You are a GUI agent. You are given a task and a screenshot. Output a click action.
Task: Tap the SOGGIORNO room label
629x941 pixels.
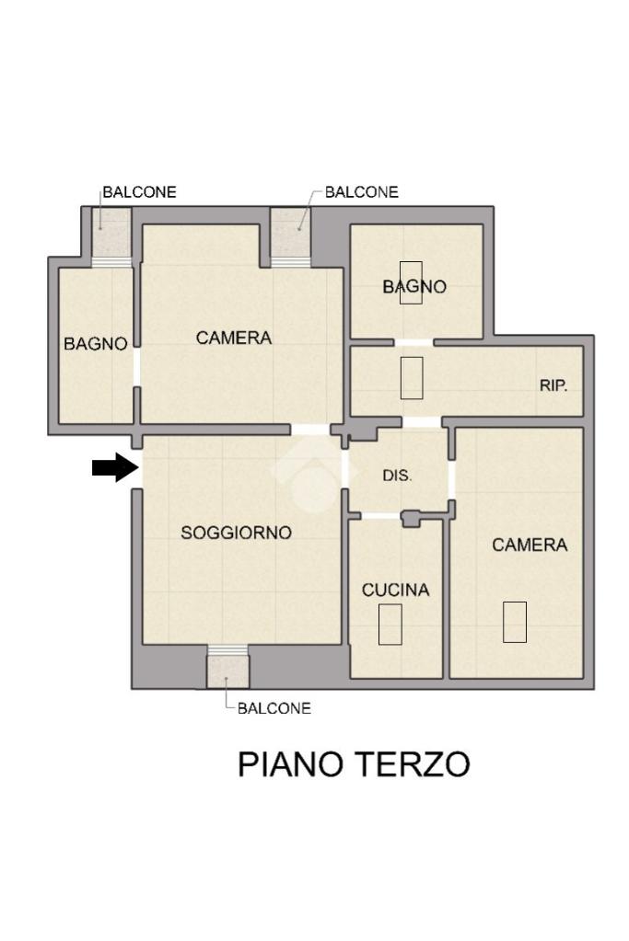click(x=236, y=533)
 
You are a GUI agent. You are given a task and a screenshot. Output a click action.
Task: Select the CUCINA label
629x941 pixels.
click(x=395, y=590)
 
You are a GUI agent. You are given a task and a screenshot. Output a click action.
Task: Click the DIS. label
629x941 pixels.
click(x=397, y=476)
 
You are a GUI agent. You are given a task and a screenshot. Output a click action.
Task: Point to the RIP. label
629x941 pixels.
click(x=553, y=385)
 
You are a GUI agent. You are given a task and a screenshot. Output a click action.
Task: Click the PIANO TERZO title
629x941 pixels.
click(x=354, y=764)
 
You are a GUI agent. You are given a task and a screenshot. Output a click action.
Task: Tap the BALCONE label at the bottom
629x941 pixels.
click(x=274, y=708)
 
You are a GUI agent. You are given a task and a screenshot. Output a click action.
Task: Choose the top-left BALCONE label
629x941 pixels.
click(x=139, y=192)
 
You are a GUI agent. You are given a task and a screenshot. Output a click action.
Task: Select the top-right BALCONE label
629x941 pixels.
click(x=362, y=192)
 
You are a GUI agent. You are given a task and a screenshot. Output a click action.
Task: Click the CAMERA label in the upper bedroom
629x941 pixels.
click(x=234, y=338)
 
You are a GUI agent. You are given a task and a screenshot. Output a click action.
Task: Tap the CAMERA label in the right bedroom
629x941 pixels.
click(x=530, y=545)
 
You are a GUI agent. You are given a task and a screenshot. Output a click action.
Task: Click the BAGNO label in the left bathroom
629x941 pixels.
click(x=96, y=344)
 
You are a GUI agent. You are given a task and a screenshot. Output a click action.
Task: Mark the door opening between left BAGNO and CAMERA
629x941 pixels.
click(x=137, y=367)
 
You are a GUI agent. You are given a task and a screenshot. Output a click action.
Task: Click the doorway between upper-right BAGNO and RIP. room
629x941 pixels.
click(x=414, y=343)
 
